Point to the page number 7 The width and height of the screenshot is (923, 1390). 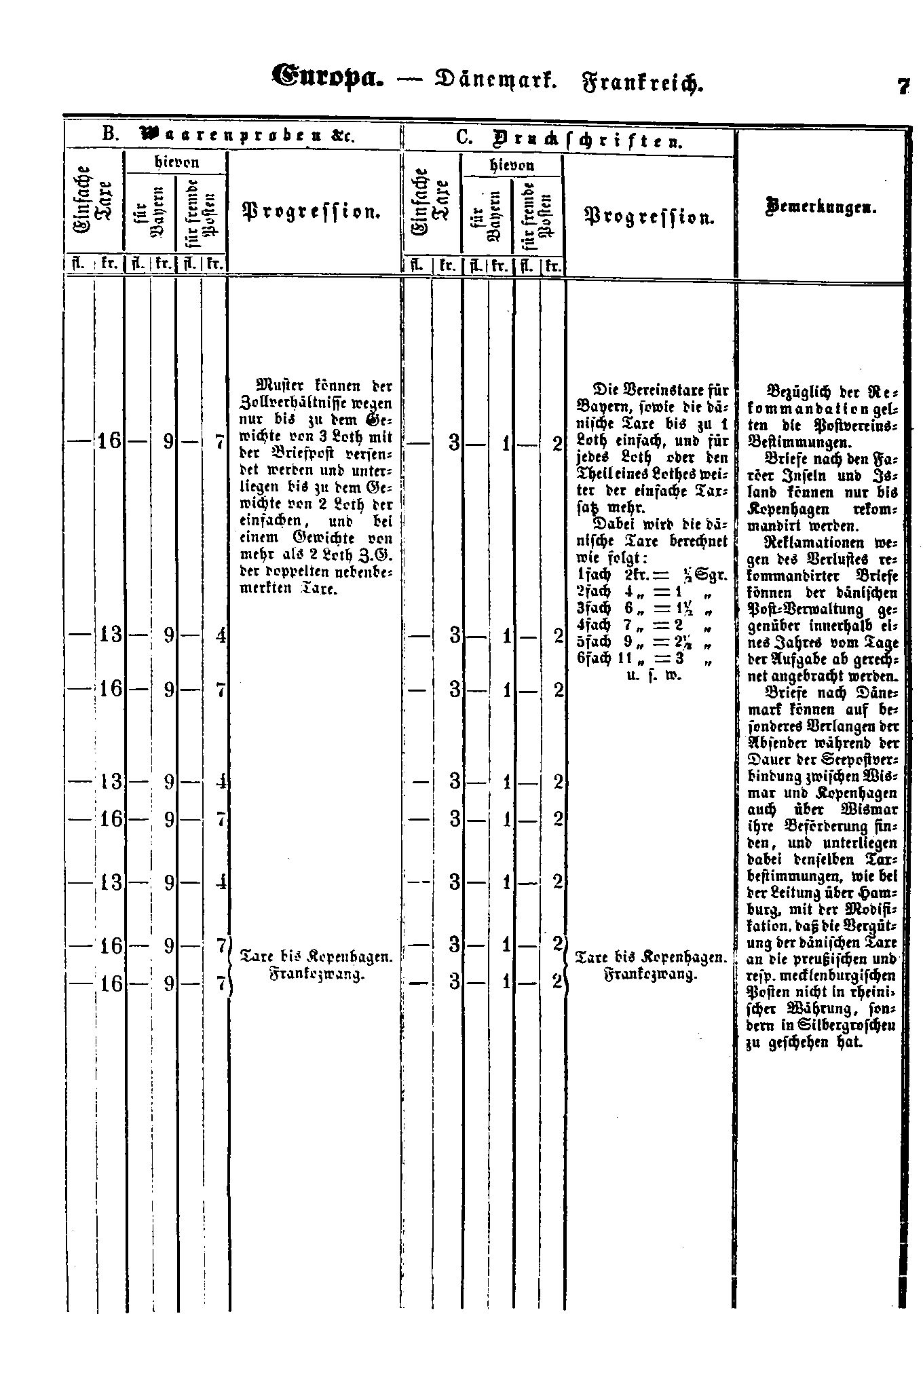902,87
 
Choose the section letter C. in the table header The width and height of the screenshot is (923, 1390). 464,138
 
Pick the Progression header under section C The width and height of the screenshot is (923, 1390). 649,217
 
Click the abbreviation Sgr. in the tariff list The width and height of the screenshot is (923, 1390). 714,574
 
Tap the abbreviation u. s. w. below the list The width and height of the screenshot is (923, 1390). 645,675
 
